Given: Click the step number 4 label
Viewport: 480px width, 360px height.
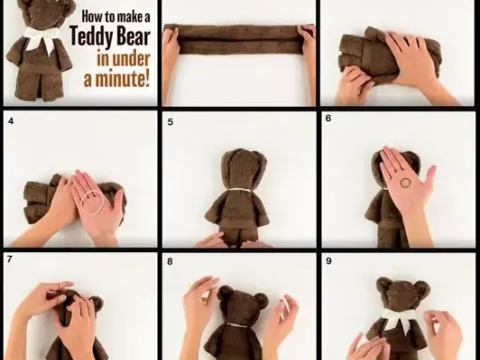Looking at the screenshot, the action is coord(11,121).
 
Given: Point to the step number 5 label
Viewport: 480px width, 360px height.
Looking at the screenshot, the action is coord(170,122).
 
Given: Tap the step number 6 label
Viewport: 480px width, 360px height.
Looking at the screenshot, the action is coord(328,118).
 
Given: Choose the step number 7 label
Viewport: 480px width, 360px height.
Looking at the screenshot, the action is coord(9,259).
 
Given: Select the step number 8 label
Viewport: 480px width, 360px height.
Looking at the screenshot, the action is coord(170,262).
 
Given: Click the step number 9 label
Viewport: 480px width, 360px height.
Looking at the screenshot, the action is coord(328,261).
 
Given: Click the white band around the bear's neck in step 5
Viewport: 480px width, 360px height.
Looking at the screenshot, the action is coord(239,190).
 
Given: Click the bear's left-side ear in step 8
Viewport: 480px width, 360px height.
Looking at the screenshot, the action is coord(225,292).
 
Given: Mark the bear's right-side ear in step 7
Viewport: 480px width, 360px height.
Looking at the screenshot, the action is coord(96,304).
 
